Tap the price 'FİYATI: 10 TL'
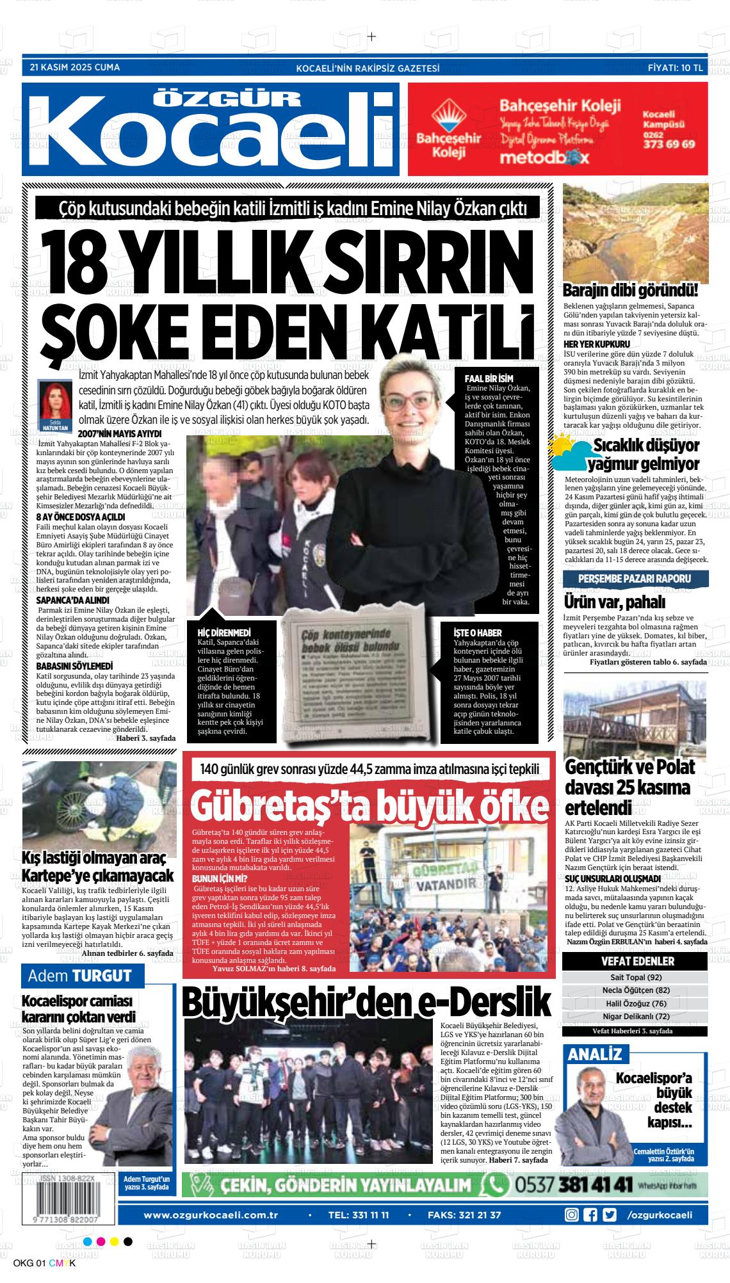coord(675,67)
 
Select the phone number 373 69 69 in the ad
coord(669,145)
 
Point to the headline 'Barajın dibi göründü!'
coord(630,291)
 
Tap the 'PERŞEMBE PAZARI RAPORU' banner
coord(635,579)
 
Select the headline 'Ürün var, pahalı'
coord(606,602)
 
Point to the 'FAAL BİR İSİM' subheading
coord(489,378)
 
